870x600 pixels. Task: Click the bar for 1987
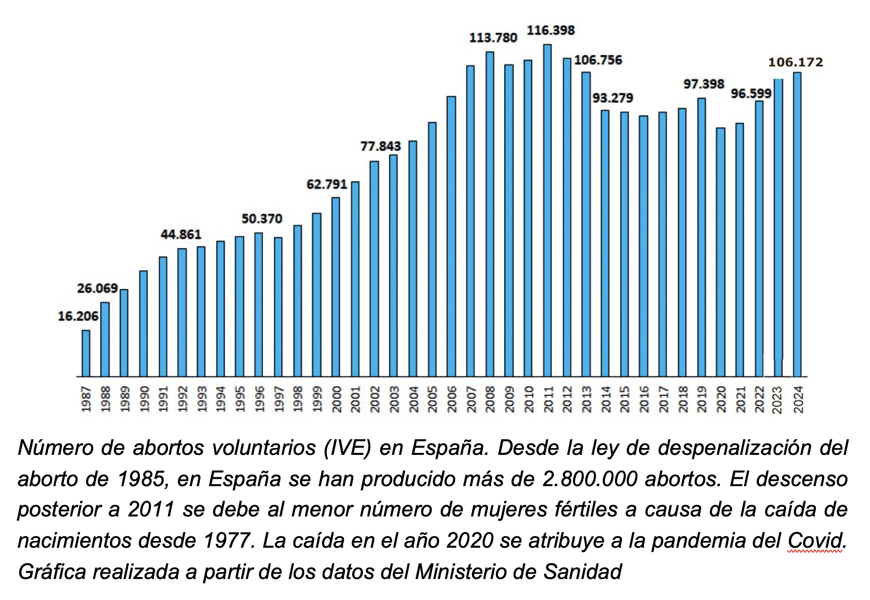[x=86, y=353]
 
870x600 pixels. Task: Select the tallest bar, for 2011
[x=548, y=210]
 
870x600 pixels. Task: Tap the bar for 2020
[x=721, y=252]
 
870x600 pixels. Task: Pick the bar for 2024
[x=797, y=224]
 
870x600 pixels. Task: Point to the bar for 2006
[x=451, y=236]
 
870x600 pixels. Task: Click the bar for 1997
[x=278, y=307]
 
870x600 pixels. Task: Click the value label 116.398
[x=551, y=30]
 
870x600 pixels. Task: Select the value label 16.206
[x=78, y=317]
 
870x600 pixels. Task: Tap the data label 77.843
[x=381, y=146]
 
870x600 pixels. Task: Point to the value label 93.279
[x=613, y=98]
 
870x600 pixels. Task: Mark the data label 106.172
[x=795, y=63]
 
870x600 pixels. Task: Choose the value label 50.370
[x=262, y=219]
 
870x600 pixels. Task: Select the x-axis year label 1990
[x=144, y=399]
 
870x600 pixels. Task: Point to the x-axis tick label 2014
[x=606, y=399]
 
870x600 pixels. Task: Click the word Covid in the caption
[x=815, y=541]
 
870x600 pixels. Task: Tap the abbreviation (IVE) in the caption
[x=347, y=448]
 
